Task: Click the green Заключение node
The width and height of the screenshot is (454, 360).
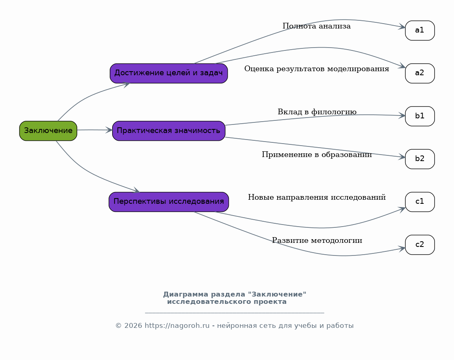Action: pos(48,131)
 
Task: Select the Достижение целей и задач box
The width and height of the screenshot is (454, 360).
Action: pos(169,73)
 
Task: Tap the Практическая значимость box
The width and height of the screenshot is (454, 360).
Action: pos(169,131)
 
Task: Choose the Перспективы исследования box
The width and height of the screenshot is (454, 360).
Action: pos(169,202)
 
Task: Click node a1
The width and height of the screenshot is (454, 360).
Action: pos(420,31)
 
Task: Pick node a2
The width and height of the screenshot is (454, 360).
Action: pos(420,73)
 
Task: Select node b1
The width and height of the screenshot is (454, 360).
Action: pos(420,116)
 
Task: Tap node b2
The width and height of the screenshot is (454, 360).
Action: pos(420,159)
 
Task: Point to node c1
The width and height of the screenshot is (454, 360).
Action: pos(420,202)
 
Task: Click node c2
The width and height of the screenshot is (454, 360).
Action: pos(420,244)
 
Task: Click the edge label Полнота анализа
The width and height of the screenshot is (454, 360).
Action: pos(317,26)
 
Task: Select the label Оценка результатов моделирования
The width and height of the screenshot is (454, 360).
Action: pos(317,69)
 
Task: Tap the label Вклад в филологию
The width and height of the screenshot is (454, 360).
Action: pos(317,112)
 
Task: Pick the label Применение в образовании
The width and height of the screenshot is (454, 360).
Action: pos(317,155)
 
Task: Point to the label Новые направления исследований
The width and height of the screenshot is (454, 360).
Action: pos(317,197)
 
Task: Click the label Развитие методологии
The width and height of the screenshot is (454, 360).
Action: pos(317,240)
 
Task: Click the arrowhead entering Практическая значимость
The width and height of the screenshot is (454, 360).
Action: pos(109,130)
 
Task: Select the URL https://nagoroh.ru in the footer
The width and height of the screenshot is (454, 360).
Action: pos(177,325)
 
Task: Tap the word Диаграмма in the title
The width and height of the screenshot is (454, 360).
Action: pos(186,294)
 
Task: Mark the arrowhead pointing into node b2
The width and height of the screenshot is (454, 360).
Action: pos(402,157)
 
